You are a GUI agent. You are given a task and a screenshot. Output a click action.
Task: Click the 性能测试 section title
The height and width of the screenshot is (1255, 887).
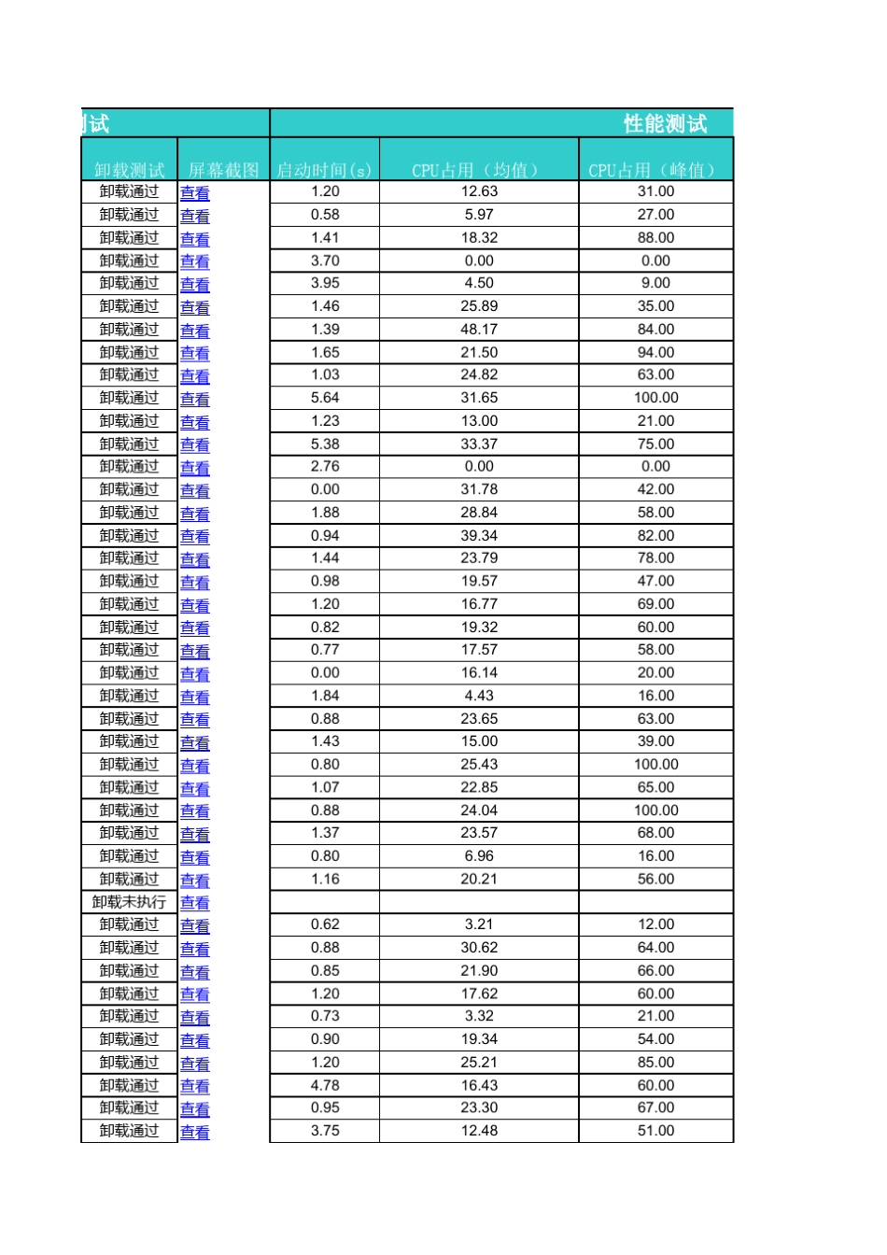tap(665, 123)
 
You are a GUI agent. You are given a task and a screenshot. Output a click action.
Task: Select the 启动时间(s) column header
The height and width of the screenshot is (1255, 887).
tap(324, 170)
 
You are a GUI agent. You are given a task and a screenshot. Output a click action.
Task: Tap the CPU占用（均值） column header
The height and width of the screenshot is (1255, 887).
tap(478, 170)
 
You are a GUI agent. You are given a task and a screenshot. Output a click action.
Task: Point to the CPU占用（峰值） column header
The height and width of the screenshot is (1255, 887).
tap(655, 170)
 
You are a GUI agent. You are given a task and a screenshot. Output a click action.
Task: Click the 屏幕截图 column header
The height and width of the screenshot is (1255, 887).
tap(223, 170)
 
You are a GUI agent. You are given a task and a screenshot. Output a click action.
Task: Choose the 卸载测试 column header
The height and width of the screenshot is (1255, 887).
tap(129, 170)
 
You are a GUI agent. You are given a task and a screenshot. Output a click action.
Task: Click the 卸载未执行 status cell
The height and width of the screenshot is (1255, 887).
tap(129, 902)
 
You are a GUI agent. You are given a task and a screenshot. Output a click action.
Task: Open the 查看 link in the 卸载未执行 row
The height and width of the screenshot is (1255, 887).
tap(195, 903)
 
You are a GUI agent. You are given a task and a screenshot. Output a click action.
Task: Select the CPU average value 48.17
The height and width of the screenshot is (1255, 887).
tap(479, 330)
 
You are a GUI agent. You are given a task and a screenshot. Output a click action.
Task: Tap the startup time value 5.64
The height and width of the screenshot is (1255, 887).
tap(325, 398)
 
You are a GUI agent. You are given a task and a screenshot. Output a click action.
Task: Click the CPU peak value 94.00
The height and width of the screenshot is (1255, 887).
tap(655, 353)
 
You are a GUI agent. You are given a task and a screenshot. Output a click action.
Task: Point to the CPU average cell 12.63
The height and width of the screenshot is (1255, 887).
tap(479, 191)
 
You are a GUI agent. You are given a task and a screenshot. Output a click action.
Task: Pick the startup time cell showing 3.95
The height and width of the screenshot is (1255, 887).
tap(325, 283)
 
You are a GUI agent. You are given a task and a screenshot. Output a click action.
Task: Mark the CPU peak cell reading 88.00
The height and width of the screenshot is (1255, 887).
tap(655, 238)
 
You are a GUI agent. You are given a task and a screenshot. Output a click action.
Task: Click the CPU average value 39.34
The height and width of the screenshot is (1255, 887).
tap(479, 536)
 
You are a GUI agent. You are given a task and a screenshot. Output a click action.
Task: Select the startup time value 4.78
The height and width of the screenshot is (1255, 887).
tap(325, 1086)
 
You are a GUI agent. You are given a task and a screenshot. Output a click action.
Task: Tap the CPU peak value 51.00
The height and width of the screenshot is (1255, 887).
tap(655, 1131)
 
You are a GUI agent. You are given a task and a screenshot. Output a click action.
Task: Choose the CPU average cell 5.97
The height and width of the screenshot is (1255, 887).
tap(479, 215)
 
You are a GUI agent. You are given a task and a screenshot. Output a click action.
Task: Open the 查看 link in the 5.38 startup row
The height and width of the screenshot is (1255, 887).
tap(195, 445)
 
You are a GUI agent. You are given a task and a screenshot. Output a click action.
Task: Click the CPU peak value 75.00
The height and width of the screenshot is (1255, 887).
tap(655, 444)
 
